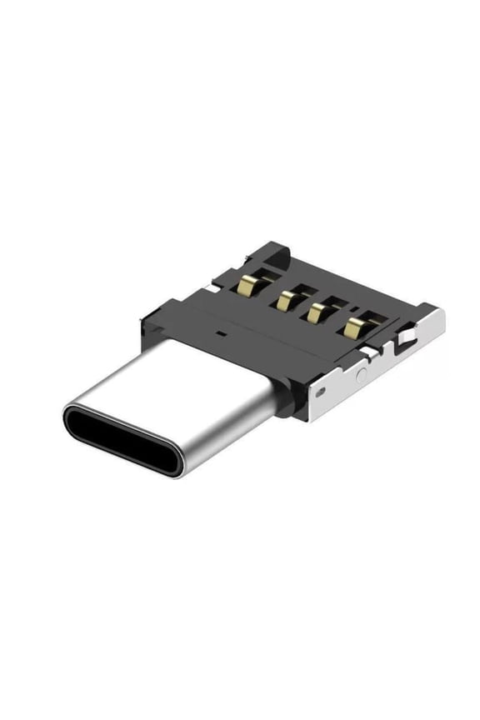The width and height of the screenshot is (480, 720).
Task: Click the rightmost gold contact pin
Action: [355, 327]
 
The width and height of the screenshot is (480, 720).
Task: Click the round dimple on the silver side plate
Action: [360, 375]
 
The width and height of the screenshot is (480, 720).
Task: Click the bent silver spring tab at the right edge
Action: [405, 338]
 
